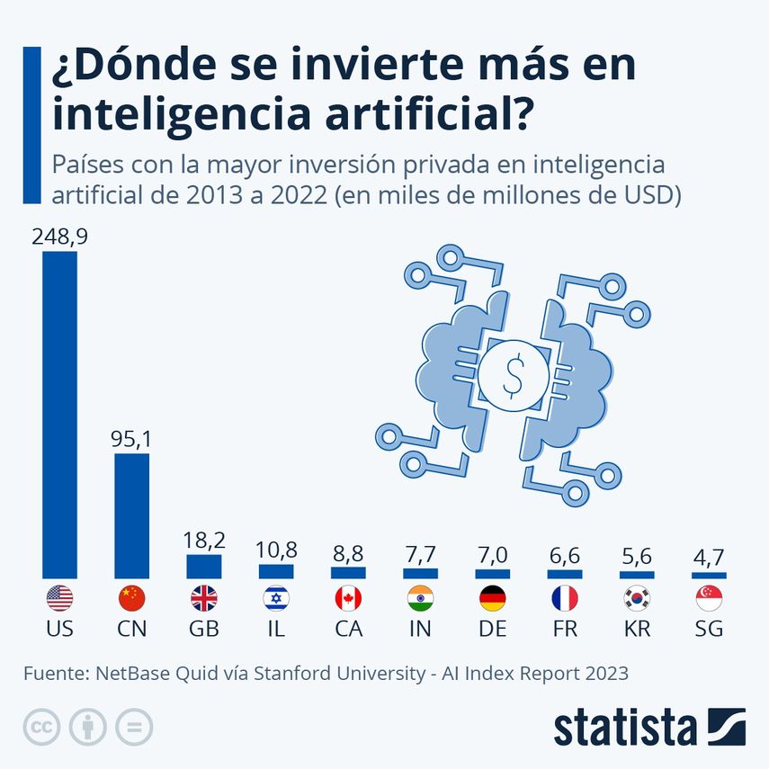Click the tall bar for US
coord(59,414)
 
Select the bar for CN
coord(131,515)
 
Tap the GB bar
coord(203,566)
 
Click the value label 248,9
coord(59,237)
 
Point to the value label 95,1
coord(131,439)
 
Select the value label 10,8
coord(276,550)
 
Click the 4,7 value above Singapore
coord(709,557)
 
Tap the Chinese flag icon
coord(131,598)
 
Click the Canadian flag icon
coord(348,598)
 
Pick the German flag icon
coord(492,598)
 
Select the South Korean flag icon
coord(637,598)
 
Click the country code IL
coord(276,629)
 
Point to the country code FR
coord(565,629)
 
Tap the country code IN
coord(420,629)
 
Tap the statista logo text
coord(625,727)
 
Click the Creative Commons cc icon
coord(40,727)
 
